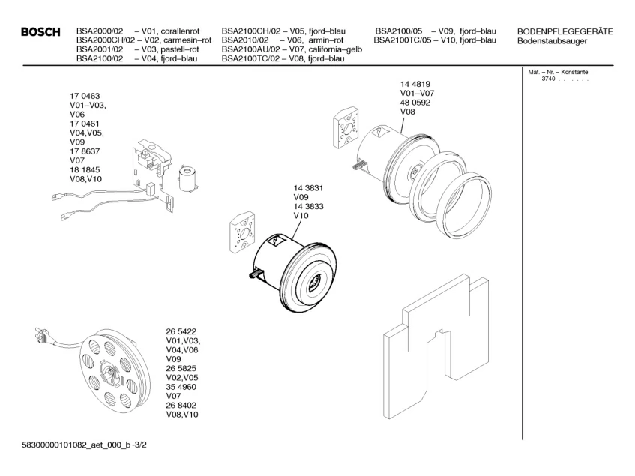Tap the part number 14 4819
[x=415, y=84]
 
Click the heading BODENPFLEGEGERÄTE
[x=565, y=31]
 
